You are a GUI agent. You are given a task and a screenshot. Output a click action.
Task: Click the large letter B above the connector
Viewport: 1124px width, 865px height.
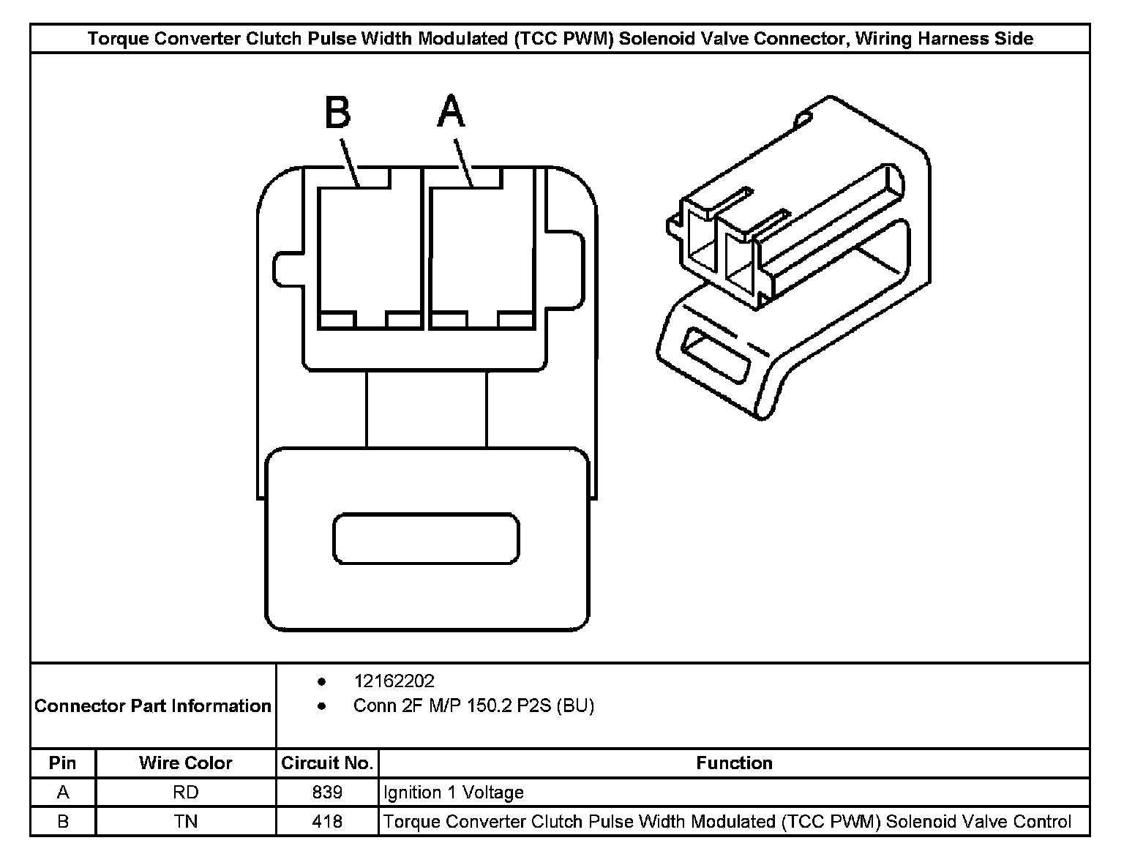338,113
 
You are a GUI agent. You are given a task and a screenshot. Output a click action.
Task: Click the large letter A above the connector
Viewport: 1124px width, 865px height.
452,112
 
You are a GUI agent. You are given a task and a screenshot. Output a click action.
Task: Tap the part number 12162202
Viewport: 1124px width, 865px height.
394,681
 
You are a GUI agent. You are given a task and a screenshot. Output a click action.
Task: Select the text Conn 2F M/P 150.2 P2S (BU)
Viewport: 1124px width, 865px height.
473,706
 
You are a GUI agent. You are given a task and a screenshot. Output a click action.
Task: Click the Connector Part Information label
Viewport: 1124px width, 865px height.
153,706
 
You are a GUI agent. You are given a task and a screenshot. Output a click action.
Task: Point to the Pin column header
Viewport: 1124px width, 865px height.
62,763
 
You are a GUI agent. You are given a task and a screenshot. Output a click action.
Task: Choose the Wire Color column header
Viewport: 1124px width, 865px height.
186,763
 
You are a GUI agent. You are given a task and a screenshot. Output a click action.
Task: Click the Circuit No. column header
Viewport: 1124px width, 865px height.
327,763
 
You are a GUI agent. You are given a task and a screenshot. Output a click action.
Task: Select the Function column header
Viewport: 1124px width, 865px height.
734,763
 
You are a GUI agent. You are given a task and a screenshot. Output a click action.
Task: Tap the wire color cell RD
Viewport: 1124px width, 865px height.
186,793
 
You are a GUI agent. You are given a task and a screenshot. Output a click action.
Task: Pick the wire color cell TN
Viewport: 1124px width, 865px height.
186,822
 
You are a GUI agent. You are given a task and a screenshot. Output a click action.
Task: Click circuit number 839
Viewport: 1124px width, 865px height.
327,793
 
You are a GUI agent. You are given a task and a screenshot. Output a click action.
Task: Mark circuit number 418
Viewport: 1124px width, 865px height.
327,822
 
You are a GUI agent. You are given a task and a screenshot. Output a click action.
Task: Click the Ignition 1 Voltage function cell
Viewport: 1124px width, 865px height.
454,793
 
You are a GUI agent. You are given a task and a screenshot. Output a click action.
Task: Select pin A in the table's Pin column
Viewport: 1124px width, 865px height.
62,793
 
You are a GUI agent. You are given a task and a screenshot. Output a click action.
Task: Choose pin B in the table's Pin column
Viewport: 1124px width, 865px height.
62,822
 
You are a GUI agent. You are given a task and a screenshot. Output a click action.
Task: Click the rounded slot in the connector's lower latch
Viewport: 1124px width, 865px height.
426,539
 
